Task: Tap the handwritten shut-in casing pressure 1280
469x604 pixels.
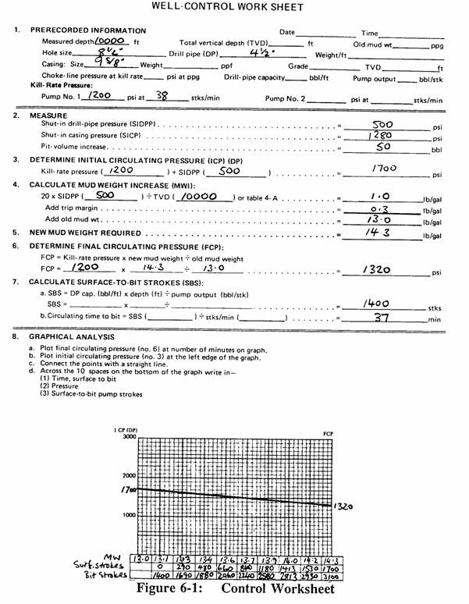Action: [384, 134]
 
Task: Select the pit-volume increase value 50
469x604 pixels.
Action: [384, 146]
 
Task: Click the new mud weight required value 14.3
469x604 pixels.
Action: [378, 232]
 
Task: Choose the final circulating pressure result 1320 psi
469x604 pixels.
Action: [378, 268]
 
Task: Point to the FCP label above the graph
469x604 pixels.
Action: [327, 431]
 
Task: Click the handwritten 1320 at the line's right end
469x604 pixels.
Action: [346, 506]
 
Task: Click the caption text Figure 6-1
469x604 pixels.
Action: [175, 588]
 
